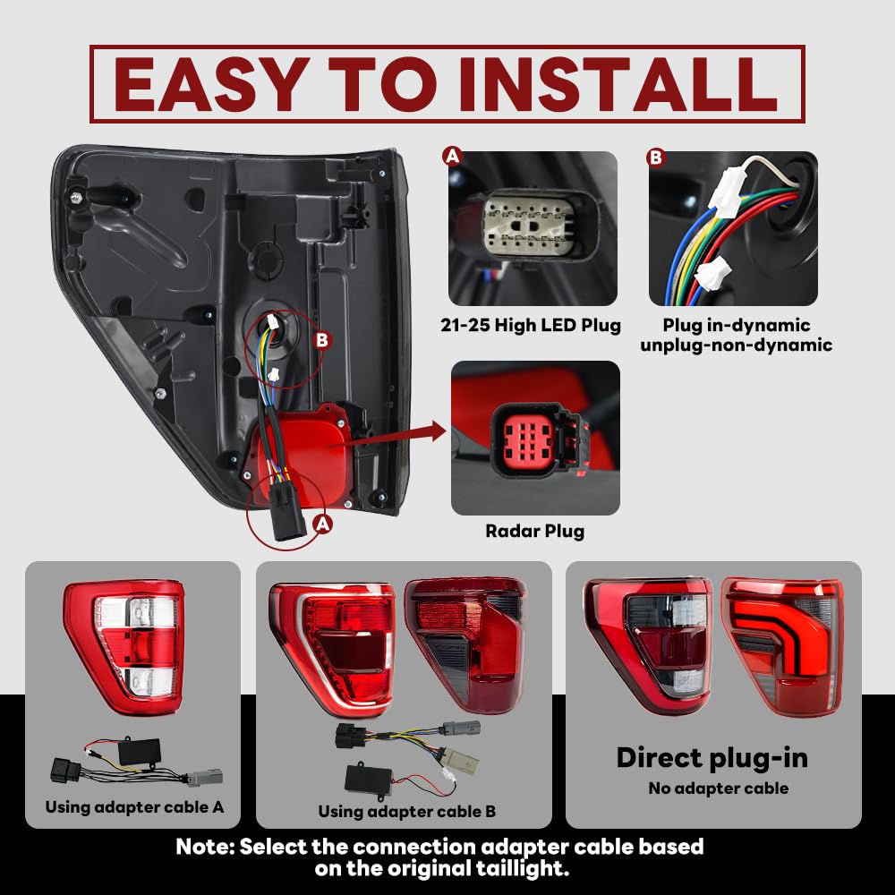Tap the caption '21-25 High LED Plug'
click(530, 326)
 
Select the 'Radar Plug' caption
click(535, 531)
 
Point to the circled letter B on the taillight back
click(322, 341)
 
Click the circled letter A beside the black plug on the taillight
click(323, 524)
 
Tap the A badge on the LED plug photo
click(452, 156)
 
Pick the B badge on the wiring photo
click(656, 157)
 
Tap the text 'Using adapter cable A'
click(134, 807)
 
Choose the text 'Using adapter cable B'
click(407, 811)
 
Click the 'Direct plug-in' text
click(712, 759)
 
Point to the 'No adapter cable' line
click(718, 788)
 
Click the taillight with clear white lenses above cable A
click(124, 647)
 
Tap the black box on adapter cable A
click(139, 753)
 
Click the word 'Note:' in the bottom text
click(206, 847)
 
